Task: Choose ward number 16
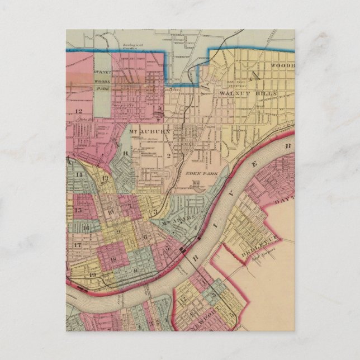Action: [86, 228]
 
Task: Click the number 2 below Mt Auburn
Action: [168, 155]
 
